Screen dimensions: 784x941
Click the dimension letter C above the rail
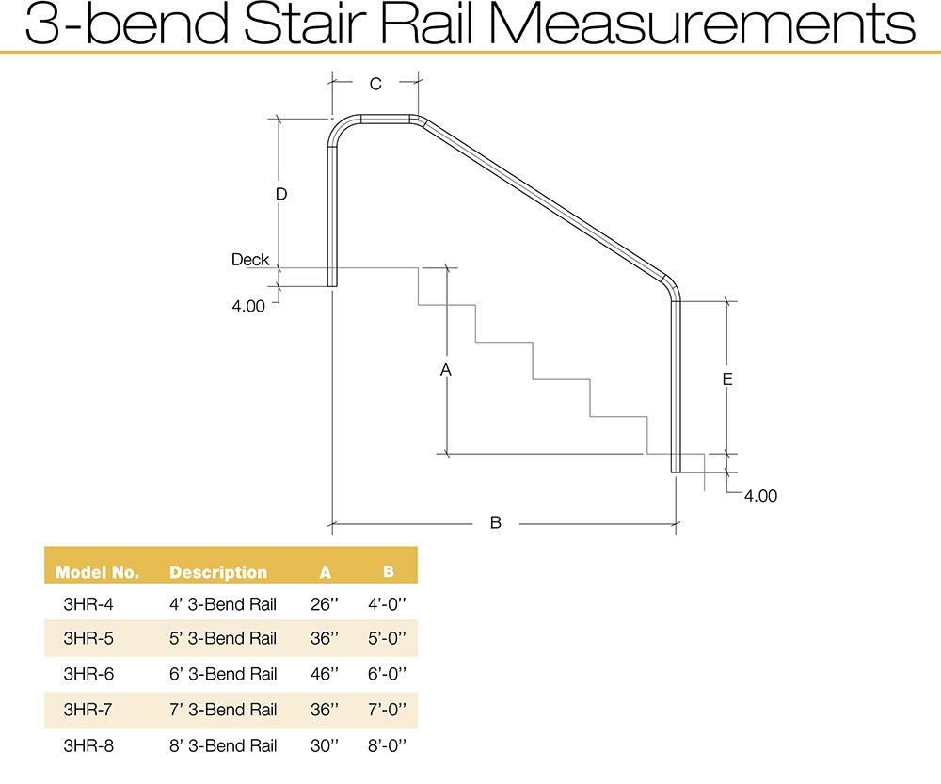point(375,85)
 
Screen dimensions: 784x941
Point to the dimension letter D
point(280,195)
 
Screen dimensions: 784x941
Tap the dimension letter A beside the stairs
point(447,370)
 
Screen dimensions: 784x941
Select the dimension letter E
point(727,379)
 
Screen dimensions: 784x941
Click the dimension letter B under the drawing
point(496,522)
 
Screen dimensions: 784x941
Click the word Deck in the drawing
point(250,260)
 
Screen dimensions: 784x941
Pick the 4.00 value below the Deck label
point(248,305)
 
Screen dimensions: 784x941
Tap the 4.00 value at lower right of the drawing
point(760,496)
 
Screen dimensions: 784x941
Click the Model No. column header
point(97,572)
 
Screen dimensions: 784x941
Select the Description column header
point(218,572)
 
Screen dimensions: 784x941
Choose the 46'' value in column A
point(325,674)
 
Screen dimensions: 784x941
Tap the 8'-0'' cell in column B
point(388,745)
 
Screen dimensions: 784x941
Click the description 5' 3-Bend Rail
point(223,638)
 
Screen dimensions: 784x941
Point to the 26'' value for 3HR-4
point(325,603)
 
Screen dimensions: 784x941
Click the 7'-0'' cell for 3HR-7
point(388,710)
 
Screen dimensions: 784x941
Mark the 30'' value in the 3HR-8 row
point(325,745)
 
